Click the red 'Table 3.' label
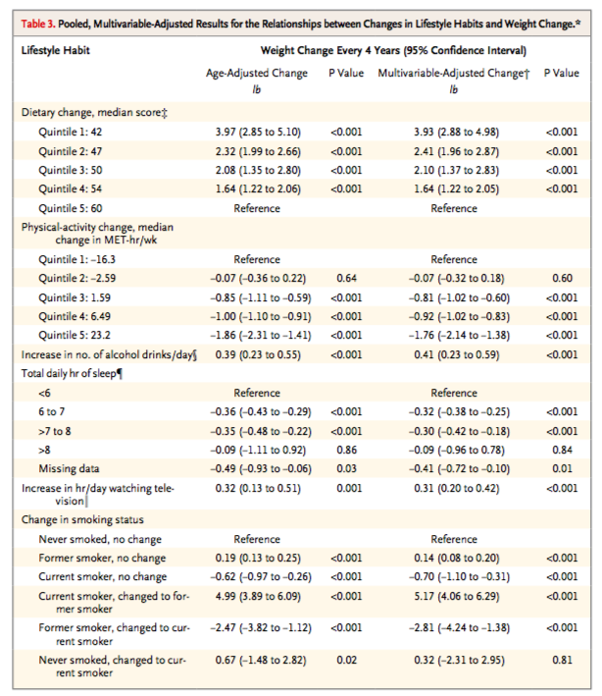pyautogui.click(x=38, y=24)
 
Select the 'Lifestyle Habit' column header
pyautogui.click(x=56, y=50)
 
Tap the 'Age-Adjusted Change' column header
pyautogui.click(x=257, y=74)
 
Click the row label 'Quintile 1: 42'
pyautogui.click(x=70, y=133)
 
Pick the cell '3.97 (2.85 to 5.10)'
pyautogui.click(x=258, y=133)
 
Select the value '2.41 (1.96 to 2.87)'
pyautogui.click(x=456, y=152)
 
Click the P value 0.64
pyautogui.click(x=346, y=279)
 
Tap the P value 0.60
pyautogui.click(x=562, y=279)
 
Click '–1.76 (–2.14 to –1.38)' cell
pyautogui.click(x=459, y=336)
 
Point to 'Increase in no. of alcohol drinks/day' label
pyautogui.click(x=109, y=355)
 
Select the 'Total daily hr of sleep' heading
pyautogui.click(x=72, y=374)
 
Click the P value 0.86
pyautogui.click(x=346, y=450)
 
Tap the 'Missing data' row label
pyautogui.click(x=69, y=468)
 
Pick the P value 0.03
pyautogui.click(x=346, y=468)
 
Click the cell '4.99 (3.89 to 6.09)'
pyautogui.click(x=258, y=596)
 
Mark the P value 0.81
pyautogui.click(x=562, y=660)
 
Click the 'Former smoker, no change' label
pyautogui.click(x=102, y=558)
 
